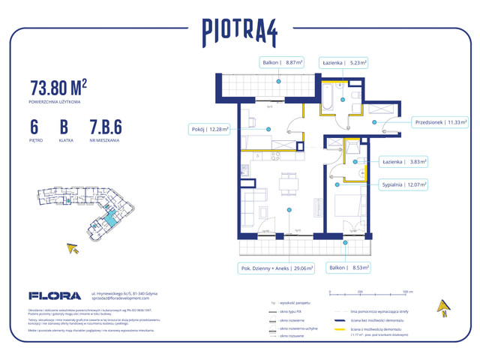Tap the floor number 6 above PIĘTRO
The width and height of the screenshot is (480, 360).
tap(35, 125)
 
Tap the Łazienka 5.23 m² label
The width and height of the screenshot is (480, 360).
tap(343, 64)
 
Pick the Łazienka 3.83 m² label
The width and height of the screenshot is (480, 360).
tap(403, 160)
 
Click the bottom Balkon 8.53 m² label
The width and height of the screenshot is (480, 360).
tap(355, 266)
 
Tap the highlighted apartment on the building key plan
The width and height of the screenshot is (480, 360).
tap(110, 217)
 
